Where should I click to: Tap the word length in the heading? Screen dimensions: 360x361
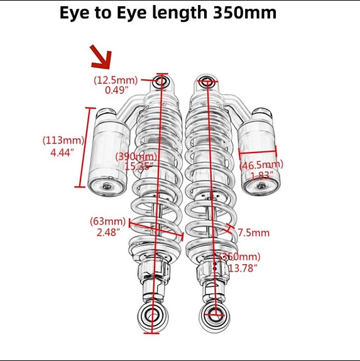click(180, 13)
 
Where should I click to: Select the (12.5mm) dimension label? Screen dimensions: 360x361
click(116, 80)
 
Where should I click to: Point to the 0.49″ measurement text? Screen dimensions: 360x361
click(117, 90)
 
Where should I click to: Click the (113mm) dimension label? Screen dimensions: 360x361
click(63, 140)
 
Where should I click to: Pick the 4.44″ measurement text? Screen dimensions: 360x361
click(63, 153)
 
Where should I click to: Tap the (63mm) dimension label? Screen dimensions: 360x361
click(108, 221)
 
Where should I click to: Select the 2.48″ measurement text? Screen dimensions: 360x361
click(109, 232)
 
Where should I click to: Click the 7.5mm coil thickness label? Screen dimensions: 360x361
click(253, 233)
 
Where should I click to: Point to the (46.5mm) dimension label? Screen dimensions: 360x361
click(261, 165)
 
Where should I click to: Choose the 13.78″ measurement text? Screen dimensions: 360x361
click(243, 268)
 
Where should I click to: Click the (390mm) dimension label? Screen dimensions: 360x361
click(136, 157)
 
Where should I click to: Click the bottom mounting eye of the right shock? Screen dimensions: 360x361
click(215, 315)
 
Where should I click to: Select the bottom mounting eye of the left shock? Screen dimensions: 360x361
click(152, 316)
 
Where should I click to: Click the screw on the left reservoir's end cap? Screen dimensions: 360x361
click(107, 186)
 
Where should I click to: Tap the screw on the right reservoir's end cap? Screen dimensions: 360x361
click(261, 185)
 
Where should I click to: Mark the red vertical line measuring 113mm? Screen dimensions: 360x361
click(85, 147)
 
